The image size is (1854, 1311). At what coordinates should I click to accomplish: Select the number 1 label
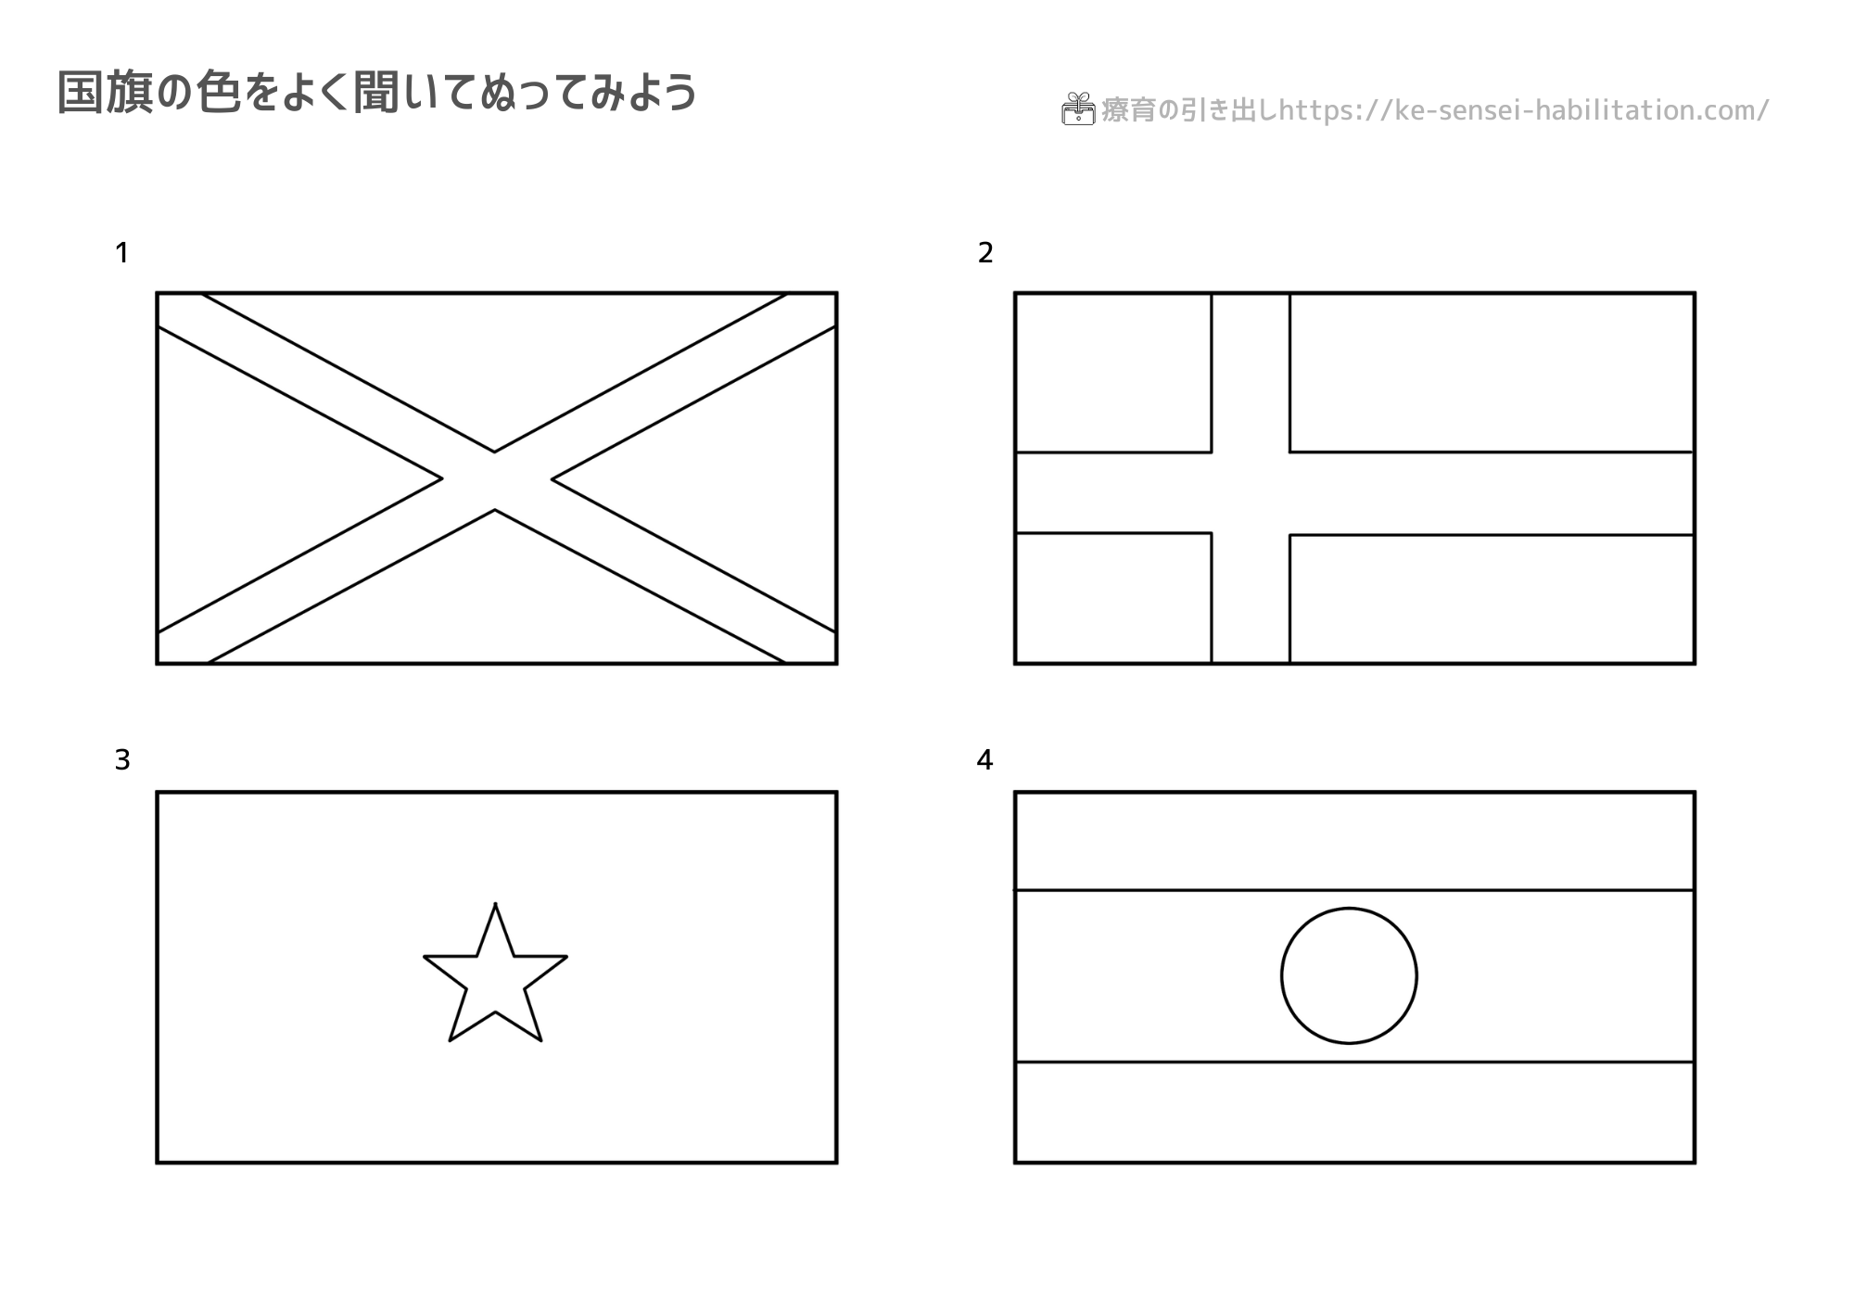pyautogui.click(x=121, y=252)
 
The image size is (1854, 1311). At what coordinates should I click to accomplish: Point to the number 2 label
pyautogui.click(x=985, y=252)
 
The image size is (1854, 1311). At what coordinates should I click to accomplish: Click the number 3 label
pyautogui.click(x=122, y=760)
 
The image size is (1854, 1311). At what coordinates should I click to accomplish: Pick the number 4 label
pyautogui.click(x=984, y=760)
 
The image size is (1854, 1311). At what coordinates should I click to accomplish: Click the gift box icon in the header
pyautogui.click(x=1078, y=108)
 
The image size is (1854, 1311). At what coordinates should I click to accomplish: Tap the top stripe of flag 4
pyautogui.click(x=1354, y=841)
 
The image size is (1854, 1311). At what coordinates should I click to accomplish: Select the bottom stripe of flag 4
pyautogui.click(x=1354, y=1111)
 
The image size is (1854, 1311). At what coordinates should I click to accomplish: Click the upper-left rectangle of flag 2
pyautogui.click(x=1113, y=373)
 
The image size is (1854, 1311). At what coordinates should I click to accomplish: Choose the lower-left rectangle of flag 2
pyautogui.click(x=1113, y=597)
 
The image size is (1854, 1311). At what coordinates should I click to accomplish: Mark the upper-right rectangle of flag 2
pyautogui.click(x=1492, y=373)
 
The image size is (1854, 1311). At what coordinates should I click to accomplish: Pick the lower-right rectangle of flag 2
pyautogui.click(x=1492, y=598)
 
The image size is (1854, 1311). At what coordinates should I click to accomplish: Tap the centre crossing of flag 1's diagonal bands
pyautogui.click(x=496, y=480)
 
